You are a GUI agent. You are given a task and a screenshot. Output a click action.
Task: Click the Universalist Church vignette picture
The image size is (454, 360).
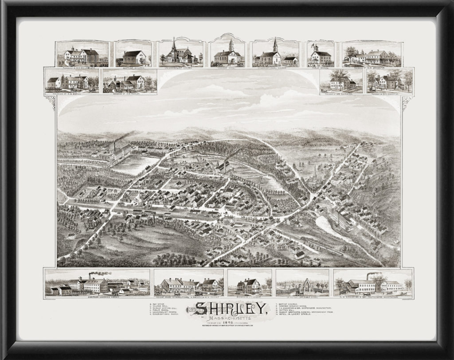tap(180, 54)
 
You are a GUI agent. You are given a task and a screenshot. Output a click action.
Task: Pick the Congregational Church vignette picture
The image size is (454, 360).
tap(275, 54)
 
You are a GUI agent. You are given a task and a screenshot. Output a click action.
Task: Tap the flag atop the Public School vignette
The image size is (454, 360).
tap(315, 45)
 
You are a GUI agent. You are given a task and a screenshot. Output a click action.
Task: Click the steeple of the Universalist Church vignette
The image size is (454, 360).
tap(174, 43)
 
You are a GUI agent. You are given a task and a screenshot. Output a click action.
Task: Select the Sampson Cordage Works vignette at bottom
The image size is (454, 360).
tap(97, 283)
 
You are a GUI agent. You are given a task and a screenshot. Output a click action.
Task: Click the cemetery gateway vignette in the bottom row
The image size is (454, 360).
tap(302, 283)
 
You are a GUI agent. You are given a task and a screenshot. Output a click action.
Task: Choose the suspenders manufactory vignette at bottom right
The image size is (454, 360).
tap(372, 283)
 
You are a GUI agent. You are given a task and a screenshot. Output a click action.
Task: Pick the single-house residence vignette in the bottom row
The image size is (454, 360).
tap(249, 283)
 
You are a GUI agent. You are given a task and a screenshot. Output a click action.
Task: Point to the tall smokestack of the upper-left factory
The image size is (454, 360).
tap(115, 147)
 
